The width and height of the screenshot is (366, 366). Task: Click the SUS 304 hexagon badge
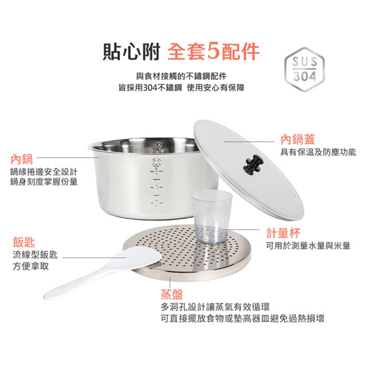pyautogui.click(x=305, y=69)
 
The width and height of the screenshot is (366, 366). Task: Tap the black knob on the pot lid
pyautogui.click(x=253, y=164)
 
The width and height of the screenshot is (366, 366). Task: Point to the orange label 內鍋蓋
pyautogui.click(x=298, y=139)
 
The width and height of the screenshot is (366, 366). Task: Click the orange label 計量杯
pyautogui.click(x=283, y=233)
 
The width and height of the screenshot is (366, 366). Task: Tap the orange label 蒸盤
pyautogui.click(x=172, y=294)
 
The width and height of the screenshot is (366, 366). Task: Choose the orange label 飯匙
pyautogui.click(x=24, y=242)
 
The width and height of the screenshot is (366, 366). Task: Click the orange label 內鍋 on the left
pyautogui.click(x=22, y=159)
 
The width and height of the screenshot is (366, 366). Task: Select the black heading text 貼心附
pyautogui.click(x=131, y=52)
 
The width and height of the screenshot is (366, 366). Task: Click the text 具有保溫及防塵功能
pyautogui.click(x=318, y=152)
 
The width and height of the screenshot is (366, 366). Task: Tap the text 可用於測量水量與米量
pyautogui.click(x=308, y=246)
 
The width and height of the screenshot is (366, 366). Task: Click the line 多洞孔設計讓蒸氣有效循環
pyautogui.click(x=215, y=307)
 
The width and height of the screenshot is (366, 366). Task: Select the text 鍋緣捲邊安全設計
pyautogui.click(x=44, y=172)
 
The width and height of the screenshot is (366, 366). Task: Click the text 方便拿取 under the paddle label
pyautogui.click(x=31, y=266)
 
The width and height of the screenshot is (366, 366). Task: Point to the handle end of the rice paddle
pyautogui.click(x=48, y=295)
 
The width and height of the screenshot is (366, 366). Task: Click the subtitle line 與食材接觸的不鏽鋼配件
pyautogui.click(x=182, y=76)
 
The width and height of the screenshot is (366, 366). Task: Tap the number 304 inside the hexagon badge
pyautogui.click(x=305, y=76)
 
